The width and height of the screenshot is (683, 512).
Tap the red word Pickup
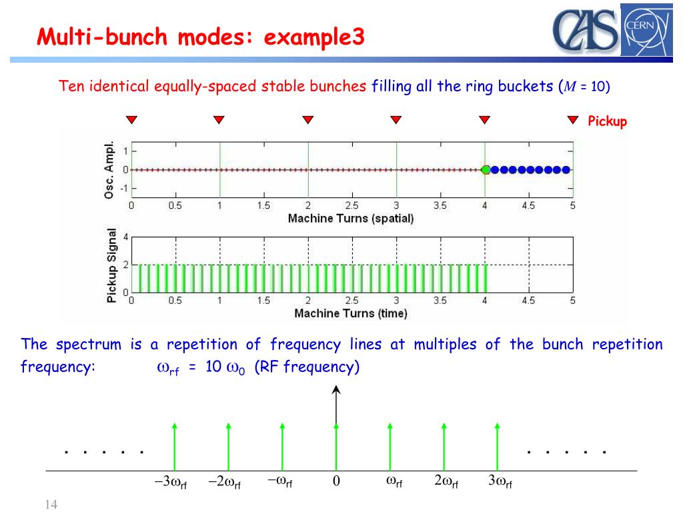(x=607, y=121)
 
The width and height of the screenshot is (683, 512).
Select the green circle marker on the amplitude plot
(x=486, y=170)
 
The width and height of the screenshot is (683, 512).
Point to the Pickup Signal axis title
(x=111, y=265)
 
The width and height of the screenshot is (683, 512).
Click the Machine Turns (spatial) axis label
(x=351, y=218)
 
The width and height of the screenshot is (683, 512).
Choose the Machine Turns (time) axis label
(x=351, y=313)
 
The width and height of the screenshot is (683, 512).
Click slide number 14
(x=51, y=505)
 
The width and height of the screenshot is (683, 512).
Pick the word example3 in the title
(x=314, y=37)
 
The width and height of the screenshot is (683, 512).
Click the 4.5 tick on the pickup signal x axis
(x=528, y=301)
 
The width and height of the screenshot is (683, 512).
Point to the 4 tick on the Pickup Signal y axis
(x=125, y=237)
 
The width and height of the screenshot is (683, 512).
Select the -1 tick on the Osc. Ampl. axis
(x=123, y=189)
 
